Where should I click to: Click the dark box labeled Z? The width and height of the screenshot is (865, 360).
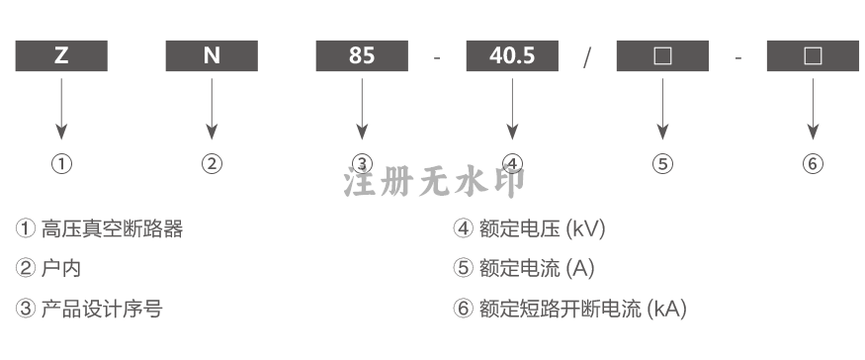pos(61,55)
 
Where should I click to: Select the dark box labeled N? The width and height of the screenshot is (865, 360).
pos(212,55)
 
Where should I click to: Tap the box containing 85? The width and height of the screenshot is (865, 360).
pos(362,55)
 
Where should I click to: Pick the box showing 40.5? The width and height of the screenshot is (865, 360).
pos(512,55)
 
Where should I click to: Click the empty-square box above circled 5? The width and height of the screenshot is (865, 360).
pos(662,55)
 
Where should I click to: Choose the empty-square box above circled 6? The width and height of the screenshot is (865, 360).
pos(814,55)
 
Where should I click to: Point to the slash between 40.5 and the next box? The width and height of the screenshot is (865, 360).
pos(587,57)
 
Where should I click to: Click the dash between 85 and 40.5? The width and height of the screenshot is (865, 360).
pos(438,57)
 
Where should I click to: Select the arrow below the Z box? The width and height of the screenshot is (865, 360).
pos(61,109)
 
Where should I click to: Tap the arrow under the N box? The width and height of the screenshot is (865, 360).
pos(212,109)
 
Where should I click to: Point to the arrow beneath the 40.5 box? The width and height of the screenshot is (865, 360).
pos(512,109)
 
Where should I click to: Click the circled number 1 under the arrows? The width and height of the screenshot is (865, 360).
pos(61,164)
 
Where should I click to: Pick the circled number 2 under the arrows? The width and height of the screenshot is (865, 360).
pos(212,164)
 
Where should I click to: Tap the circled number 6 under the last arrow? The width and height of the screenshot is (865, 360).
pos(813,164)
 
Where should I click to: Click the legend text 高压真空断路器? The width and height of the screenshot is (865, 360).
pos(112,228)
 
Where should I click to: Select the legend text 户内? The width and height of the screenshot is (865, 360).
pos(61,268)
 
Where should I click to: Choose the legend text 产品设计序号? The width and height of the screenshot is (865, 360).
pos(102,309)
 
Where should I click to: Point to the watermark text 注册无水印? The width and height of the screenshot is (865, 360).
pos(435,182)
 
